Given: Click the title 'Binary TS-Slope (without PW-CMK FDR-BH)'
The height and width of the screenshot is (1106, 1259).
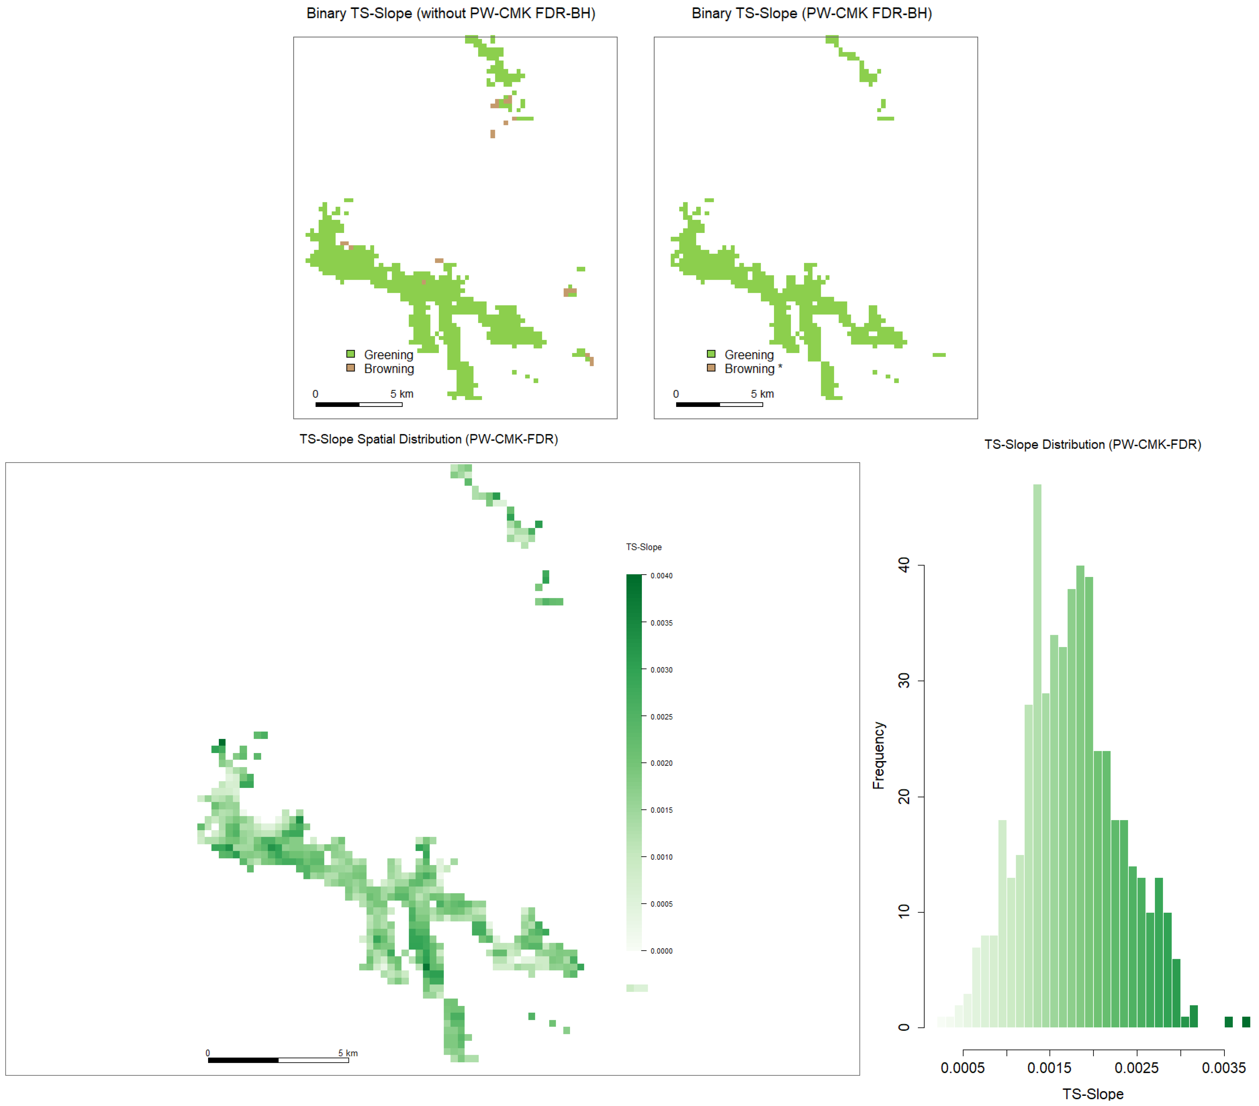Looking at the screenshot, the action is point(451,13).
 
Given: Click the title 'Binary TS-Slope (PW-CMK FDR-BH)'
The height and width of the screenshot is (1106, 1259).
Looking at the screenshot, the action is point(812,13).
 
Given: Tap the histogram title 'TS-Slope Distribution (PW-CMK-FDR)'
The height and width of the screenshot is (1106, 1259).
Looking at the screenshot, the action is point(1093,444).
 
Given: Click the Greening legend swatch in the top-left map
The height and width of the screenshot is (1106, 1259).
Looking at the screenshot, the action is point(351,354).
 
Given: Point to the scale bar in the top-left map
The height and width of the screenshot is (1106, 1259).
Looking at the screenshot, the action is point(359,405).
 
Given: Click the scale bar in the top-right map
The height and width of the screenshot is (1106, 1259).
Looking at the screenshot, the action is point(719,405).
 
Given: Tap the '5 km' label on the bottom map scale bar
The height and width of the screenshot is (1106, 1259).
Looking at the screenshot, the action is point(348,1053).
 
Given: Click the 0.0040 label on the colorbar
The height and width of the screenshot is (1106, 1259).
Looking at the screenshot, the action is point(662,576).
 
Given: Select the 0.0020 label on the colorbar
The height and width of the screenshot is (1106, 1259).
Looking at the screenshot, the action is point(662,763).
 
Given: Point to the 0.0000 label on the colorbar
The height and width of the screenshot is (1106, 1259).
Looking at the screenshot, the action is point(662,951).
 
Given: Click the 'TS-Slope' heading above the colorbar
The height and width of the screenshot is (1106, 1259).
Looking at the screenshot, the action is point(644,547).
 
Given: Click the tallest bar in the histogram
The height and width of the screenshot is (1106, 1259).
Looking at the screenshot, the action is point(1037,756).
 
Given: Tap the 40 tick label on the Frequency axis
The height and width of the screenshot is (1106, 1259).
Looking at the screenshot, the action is point(904,565).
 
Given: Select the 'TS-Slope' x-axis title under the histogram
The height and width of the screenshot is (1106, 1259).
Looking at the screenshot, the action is point(1093,1094).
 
